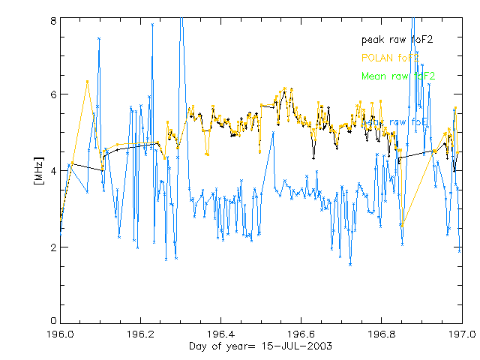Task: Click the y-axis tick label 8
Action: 53,22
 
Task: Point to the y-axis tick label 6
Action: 53,94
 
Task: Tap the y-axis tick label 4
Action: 53,170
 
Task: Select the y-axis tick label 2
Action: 53,247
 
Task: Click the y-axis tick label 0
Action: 53,322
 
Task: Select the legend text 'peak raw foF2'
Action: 397,39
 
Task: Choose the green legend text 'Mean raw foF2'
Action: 397,76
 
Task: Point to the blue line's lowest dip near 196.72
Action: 350,264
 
